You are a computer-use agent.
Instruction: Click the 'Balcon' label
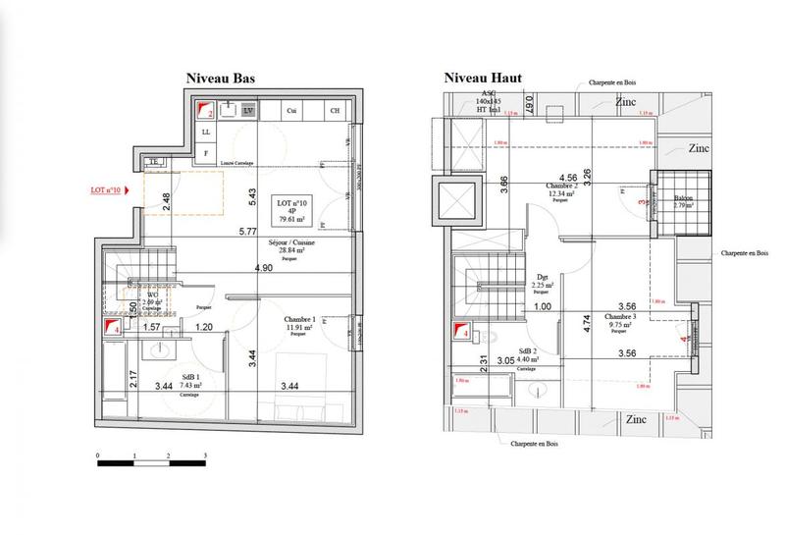683,198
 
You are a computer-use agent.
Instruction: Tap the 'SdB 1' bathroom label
189,376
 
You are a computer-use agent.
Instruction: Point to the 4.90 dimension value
263,268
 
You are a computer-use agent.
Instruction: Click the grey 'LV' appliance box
248,112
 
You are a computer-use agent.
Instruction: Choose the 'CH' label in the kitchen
335,112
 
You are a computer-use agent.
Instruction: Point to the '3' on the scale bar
204,456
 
